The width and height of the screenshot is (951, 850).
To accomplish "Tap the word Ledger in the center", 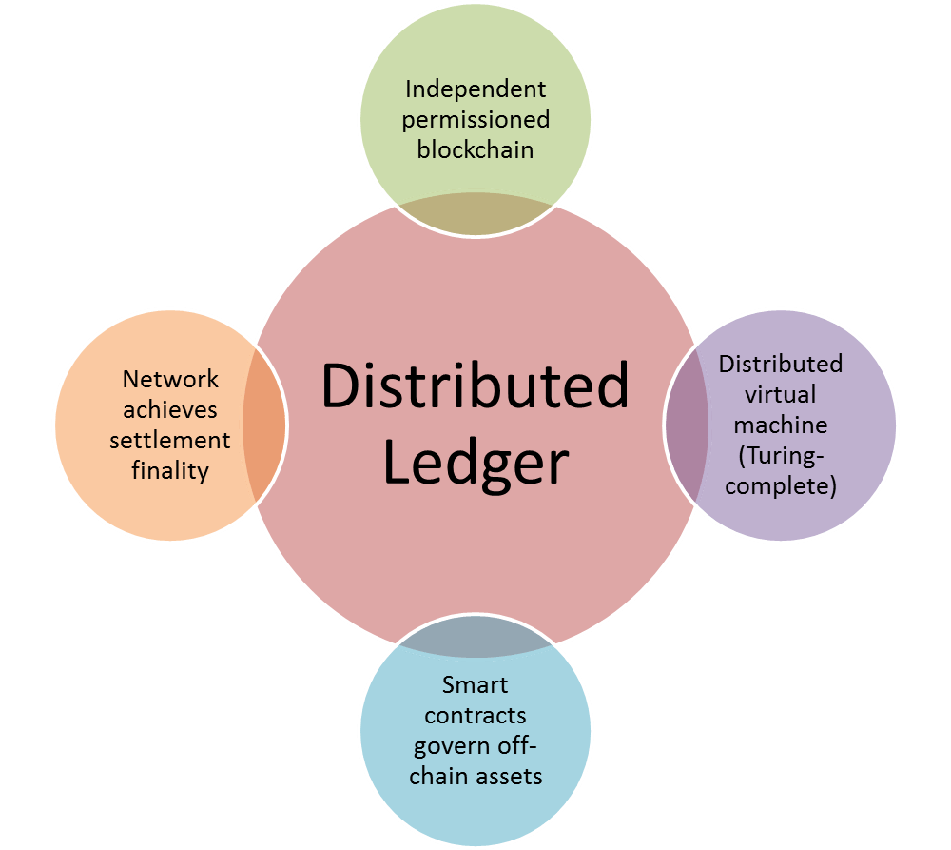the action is click(475, 463).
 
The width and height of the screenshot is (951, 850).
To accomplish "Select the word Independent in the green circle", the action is click(475, 89).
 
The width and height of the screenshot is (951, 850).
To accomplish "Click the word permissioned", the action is click(475, 119).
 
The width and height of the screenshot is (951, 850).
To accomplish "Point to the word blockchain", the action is click(475, 149).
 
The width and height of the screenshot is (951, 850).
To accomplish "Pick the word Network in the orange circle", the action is click(170, 379).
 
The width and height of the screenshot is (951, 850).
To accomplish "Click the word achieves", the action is click(170, 409).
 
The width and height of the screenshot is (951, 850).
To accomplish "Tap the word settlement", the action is click(170, 440).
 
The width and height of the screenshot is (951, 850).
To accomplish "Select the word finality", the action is click(170, 470).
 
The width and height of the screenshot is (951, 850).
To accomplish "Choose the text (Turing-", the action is click(780, 455).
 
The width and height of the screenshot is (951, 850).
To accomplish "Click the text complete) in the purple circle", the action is click(780, 485).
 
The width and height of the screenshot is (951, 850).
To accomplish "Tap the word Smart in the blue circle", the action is click(475, 684).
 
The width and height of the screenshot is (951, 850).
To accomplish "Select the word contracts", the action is click(475, 715).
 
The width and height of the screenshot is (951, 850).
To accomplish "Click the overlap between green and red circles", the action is click(475, 214).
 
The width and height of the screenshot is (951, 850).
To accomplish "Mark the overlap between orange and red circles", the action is click(264, 425).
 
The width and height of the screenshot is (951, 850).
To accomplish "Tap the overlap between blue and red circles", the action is click(475, 638).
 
